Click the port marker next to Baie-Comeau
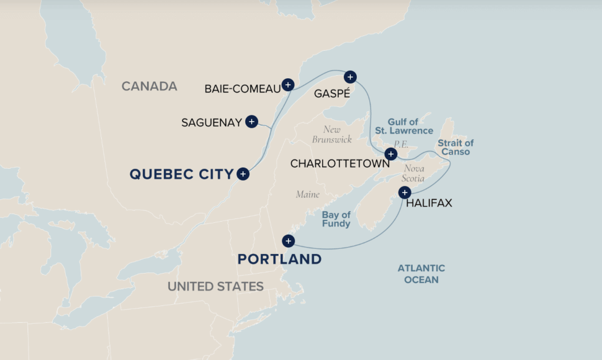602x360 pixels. (287, 85)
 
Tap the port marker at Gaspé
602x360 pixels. (350, 76)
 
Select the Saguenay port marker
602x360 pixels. (252, 122)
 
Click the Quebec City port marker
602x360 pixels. (243, 174)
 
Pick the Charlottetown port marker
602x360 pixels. (390, 155)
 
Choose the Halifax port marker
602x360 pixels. (404, 192)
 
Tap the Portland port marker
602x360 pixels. (288, 241)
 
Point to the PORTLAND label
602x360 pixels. (279, 259)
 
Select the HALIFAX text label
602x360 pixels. (430, 204)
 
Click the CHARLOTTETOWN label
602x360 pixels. (339, 164)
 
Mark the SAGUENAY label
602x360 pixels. (212, 123)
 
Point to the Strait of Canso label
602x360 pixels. (455, 148)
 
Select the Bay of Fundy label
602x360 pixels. (336, 219)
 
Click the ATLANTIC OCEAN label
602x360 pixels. (421, 274)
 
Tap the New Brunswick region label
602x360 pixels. (332, 134)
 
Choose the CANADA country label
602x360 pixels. (149, 86)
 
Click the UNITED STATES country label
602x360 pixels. (215, 286)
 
